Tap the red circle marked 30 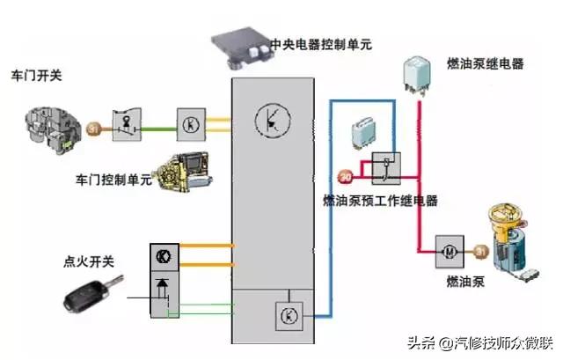click(x=345, y=173)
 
